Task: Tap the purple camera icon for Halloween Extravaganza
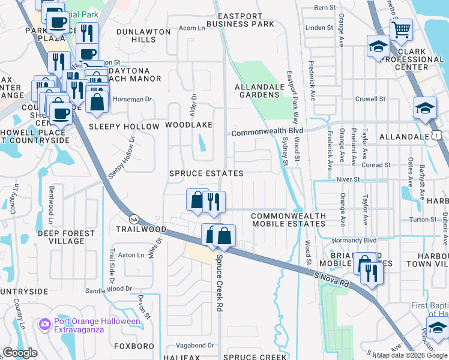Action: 44,325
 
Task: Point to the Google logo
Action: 20,353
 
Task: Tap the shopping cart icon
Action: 401,29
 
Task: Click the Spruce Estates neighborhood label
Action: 206,173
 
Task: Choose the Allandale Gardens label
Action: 259,91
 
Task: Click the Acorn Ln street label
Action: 192,28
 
